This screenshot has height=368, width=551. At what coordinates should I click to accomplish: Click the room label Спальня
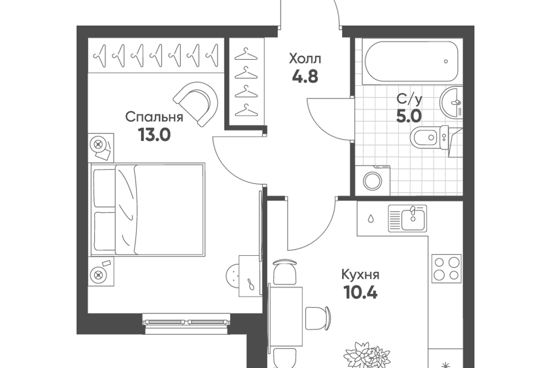pyautogui.click(x=154, y=117)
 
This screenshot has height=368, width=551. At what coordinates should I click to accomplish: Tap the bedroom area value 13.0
pyautogui.click(x=154, y=134)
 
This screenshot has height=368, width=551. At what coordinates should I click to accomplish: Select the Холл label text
pyautogui.click(x=305, y=59)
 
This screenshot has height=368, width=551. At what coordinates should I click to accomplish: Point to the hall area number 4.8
pyautogui.click(x=305, y=76)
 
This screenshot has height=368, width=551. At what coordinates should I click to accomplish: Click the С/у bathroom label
pyautogui.click(x=409, y=99)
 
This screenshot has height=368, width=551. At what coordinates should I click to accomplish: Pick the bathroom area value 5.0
pyautogui.click(x=409, y=116)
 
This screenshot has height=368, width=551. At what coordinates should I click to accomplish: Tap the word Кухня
pyautogui.click(x=360, y=274)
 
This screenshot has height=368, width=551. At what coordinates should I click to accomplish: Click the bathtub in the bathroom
pyautogui.click(x=412, y=62)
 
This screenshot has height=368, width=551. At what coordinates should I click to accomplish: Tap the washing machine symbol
pyautogui.click(x=373, y=181)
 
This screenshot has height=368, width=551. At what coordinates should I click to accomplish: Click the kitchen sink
pyautogui.click(x=408, y=218)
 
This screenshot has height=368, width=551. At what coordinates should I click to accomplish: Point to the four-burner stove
pyautogui.click(x=447, y=269)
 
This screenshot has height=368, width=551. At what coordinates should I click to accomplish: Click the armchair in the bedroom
pyautogui.click(x=197, y=103)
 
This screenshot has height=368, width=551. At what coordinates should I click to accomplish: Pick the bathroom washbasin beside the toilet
pyautogui.click(x=451, y=102)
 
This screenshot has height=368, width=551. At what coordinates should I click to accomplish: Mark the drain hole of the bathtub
pyautogui.click(x=446, y=62)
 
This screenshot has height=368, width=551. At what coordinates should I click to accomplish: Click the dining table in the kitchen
pyautogui.click(x=285, y=316)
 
